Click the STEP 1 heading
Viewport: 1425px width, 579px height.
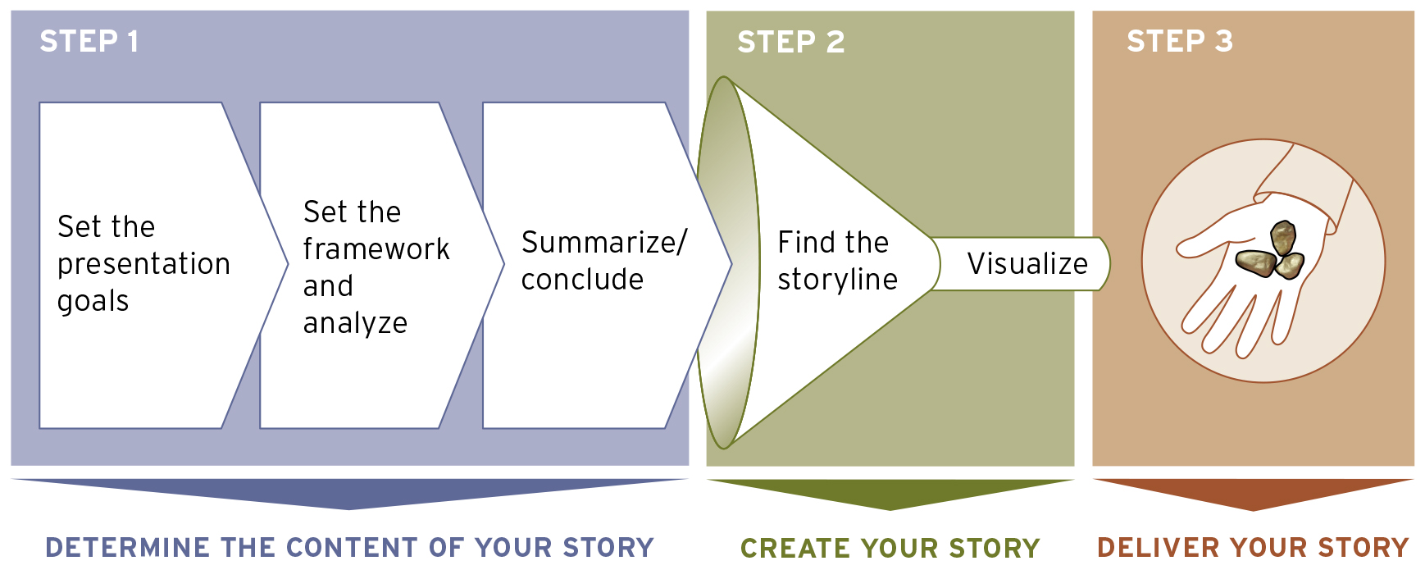(89, 41)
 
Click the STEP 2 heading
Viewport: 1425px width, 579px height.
(790, 42)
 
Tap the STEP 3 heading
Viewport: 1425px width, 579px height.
(1179, 41)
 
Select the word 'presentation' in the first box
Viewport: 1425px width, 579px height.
(143, 264)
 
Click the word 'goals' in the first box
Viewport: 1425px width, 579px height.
(93, 301)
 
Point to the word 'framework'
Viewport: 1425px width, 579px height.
(376, 248)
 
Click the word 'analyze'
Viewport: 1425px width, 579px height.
(355, 323)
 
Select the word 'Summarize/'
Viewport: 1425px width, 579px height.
(604, 243)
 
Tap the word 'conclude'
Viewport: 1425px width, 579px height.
(582, 280)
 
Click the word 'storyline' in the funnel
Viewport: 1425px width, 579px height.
(837, 280)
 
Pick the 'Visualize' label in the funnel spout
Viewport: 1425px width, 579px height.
(1027, 264)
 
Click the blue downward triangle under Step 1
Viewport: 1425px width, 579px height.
(349, 492)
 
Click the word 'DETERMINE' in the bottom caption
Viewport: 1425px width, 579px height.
(127, 548)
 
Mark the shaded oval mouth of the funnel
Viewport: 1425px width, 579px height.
(726, 262)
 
